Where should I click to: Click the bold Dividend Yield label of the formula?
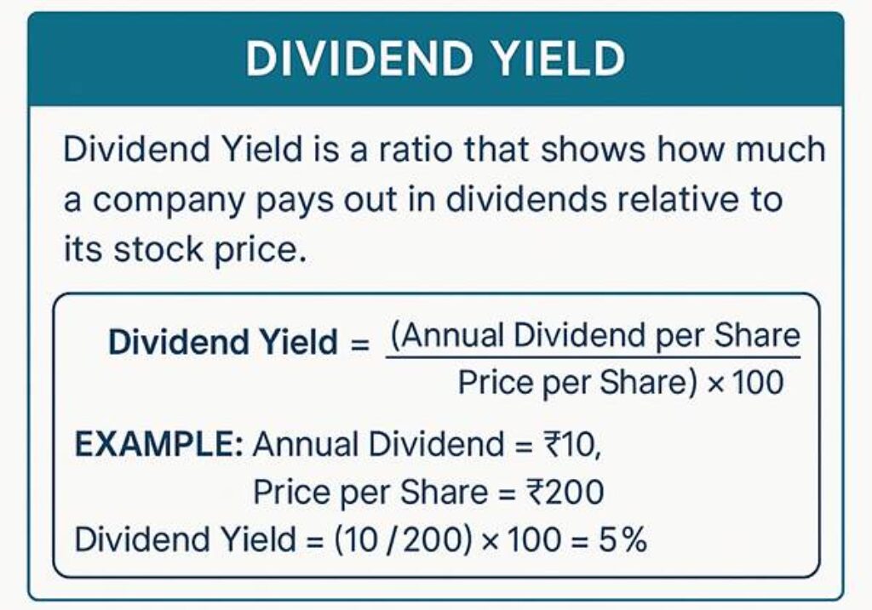223,343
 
